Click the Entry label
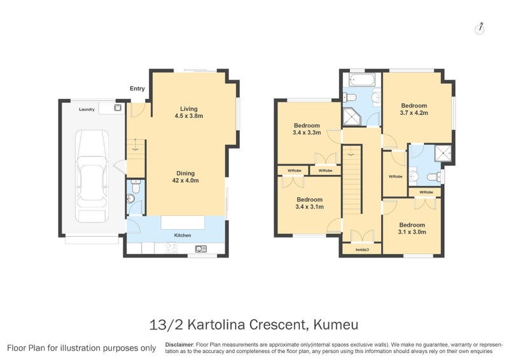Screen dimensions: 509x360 click(137, 88)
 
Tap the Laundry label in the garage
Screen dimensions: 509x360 click(87, 109)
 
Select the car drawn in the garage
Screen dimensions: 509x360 click(92, 176)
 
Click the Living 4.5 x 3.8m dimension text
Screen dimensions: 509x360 click(188, 116)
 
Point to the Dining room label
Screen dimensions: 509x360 click(185, 174)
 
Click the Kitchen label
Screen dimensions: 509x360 click(183, 235)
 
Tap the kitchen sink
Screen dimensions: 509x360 click(201, 249)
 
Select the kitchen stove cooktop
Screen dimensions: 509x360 click(171, 248)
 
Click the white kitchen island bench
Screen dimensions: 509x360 click(183, 223)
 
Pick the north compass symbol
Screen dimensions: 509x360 click(480, 29)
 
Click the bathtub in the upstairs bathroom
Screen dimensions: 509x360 click(362, 80)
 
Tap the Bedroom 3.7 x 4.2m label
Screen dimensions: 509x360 click(414, 109)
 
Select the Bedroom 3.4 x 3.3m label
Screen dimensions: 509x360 click(307, 129)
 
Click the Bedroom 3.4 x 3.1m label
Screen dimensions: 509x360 click(309, 203)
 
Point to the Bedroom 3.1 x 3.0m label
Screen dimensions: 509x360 click(412, 228)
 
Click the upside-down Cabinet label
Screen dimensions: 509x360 click(362, 250)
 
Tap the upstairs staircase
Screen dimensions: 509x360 click(352, 179)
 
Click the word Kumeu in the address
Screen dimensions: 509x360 click(336, 324)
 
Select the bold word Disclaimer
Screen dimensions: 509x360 click(179, 345)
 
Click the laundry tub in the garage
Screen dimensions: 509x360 click(118, 107)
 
